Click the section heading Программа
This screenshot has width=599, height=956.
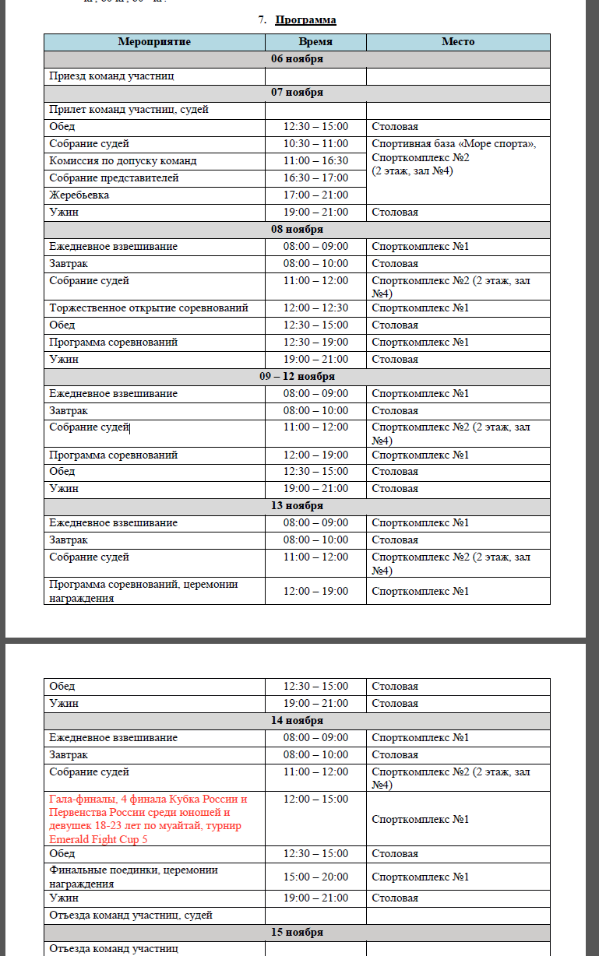click(305, 19)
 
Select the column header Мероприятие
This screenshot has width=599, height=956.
click(154, 42)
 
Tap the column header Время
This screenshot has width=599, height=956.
click(315, 42)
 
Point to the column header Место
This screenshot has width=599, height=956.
click(458, 42)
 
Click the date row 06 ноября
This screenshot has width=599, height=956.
click(297, 59)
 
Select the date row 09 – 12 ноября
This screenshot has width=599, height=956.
click(297, 376)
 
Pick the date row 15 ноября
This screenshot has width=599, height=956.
click(297, 932)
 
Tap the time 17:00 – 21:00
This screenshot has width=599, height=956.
click(315, 195)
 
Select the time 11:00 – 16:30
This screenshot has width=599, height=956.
click(315, 161)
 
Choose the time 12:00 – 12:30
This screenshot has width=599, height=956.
click(315, 308)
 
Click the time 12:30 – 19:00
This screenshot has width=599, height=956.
click(315, 342)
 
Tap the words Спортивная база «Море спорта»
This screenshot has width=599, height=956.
click(454, 144)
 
